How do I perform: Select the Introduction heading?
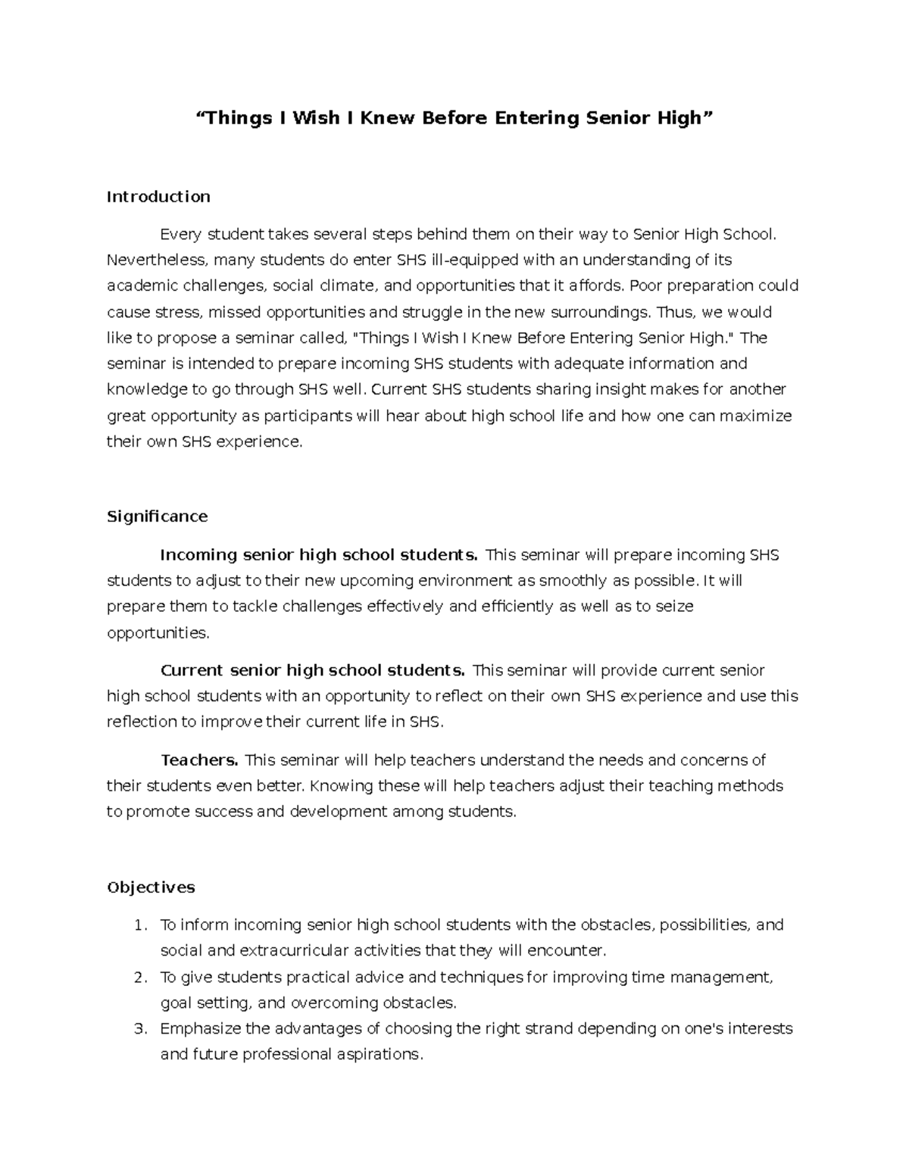click(x=158, y=197)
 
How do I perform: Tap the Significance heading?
click(x=157, y=516)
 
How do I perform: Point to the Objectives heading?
click(x=151, y=887)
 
